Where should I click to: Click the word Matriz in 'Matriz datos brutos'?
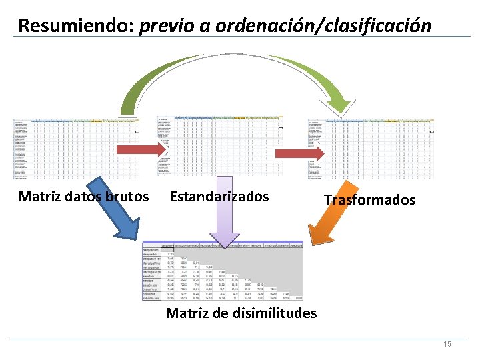tap(40, 197)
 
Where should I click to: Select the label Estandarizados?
tap(219, 197)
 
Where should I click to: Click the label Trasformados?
tap(369, 200)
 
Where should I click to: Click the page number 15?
tap(447, 344)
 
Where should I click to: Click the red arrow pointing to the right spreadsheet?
tap(299, 153)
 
